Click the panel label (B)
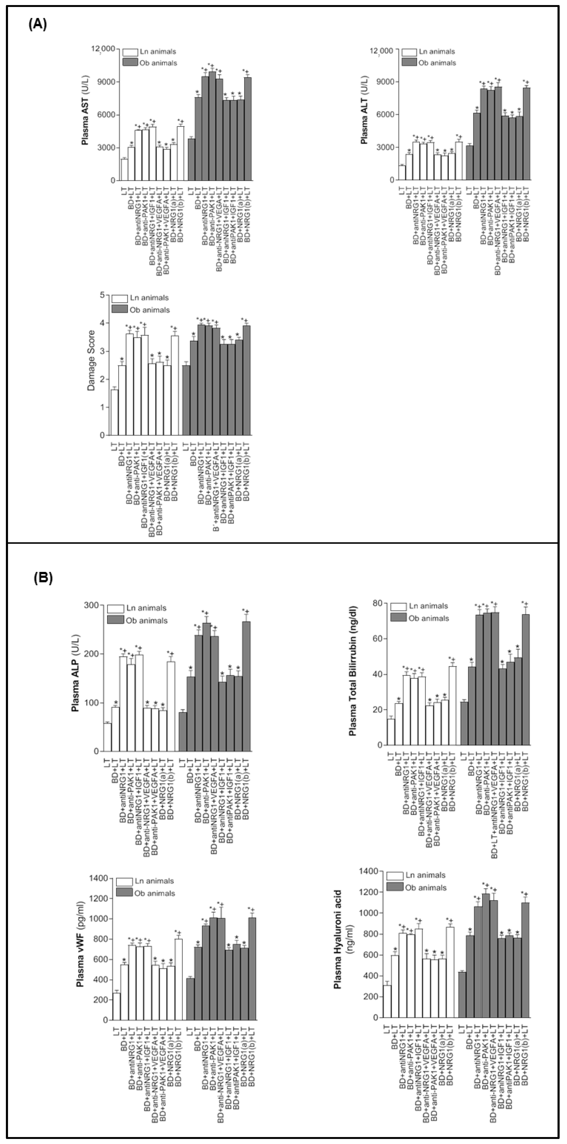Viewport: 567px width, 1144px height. coord(43,578)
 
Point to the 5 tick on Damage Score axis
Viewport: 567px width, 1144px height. coord(103,295)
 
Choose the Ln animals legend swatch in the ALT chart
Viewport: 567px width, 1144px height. coord(409,51)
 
